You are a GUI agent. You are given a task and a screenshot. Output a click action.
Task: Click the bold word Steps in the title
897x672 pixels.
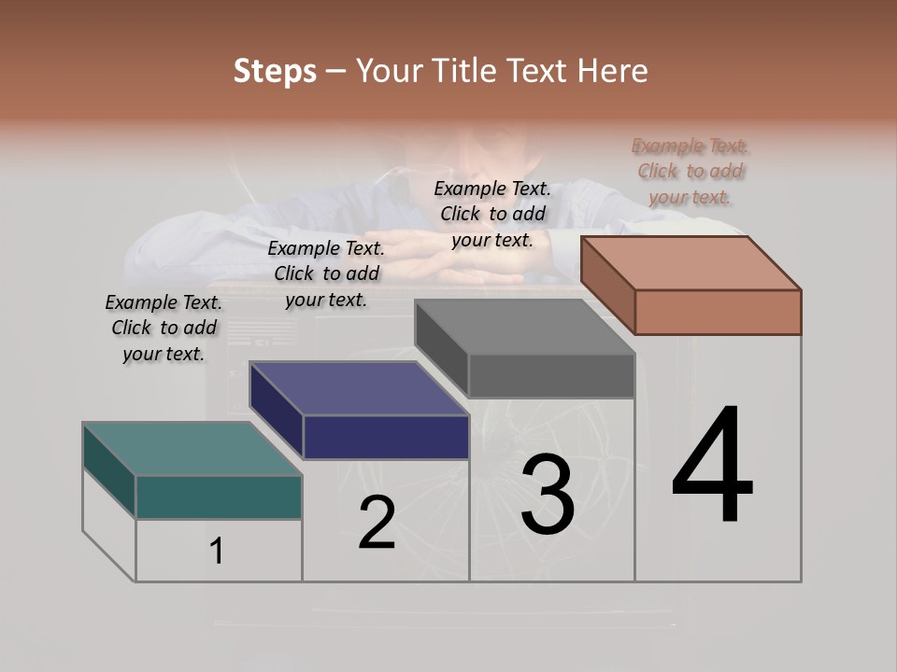(x=274, y=71)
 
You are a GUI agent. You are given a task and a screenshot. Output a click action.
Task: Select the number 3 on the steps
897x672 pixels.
(x=547, y=494)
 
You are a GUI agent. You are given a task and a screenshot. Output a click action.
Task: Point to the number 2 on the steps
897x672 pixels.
(x=377, y=524)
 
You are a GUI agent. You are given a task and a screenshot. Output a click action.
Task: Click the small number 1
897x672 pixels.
(x=217, y=552)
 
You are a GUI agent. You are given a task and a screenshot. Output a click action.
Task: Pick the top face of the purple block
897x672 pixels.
(x=360, y=388)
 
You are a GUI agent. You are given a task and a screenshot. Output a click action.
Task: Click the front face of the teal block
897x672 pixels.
(x=219, y=497)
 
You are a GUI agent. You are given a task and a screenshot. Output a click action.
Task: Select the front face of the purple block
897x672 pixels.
(x=386, y=437)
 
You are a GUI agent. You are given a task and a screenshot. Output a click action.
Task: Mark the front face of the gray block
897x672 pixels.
(x=551, y=375)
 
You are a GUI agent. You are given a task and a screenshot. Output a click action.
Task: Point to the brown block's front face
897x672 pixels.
(x=718, y=312)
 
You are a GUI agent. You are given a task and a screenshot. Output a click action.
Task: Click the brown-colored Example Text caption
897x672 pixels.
(x=691, y=172)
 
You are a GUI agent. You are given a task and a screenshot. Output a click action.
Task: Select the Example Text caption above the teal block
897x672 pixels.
(x=164, y=329)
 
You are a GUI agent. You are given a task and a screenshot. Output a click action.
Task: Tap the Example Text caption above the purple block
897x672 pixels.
(x=326, y=274)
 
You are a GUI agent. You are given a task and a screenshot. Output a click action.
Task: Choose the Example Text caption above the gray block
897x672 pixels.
(x=492, y=215)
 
